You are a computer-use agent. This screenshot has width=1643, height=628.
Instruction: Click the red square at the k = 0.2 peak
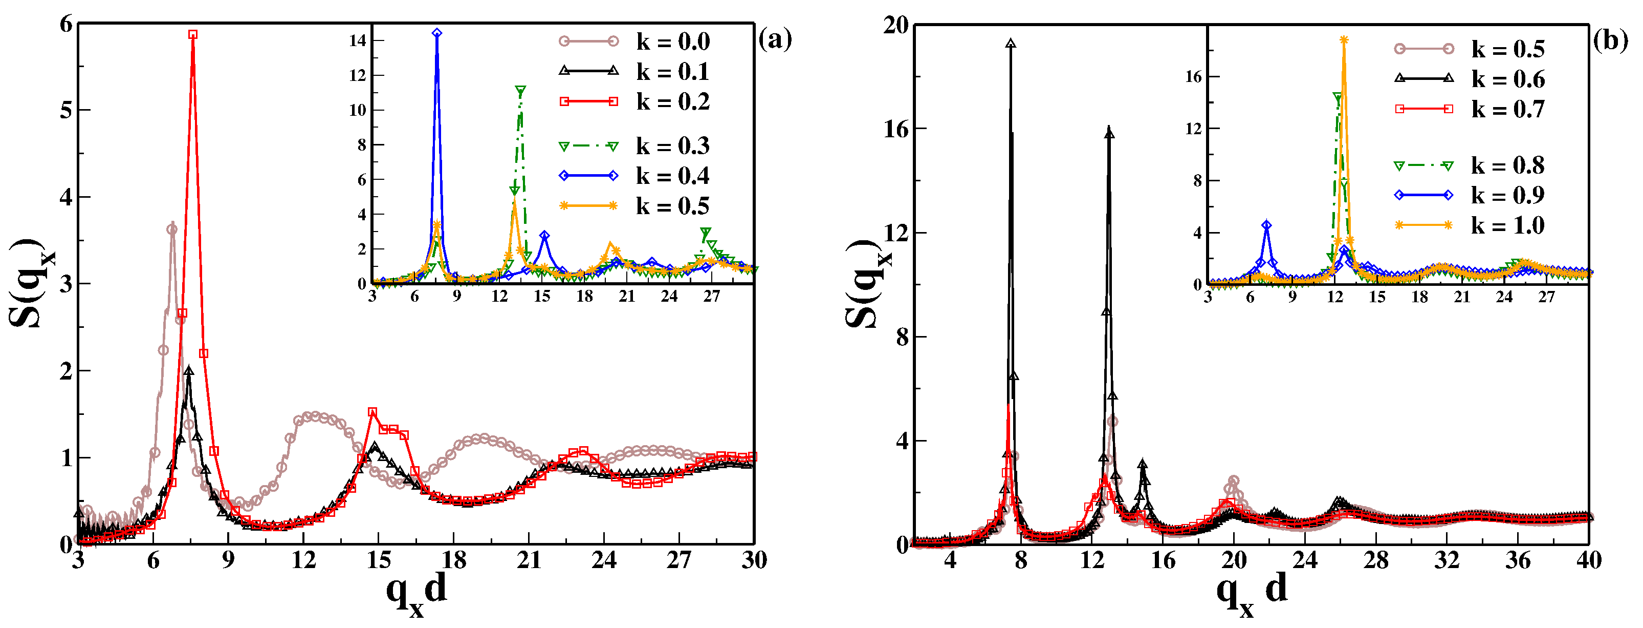[192, 34]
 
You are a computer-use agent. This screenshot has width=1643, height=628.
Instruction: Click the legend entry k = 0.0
[672, 41]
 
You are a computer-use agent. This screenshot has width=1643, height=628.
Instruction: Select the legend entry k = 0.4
[672, 176]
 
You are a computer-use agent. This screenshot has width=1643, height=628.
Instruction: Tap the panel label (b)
[1610, 41]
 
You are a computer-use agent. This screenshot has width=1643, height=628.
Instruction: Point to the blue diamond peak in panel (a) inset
[437, 33]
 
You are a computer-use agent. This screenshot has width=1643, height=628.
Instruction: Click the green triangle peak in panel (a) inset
[520, 90]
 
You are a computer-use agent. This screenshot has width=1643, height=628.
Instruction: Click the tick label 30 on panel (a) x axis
[754, 560]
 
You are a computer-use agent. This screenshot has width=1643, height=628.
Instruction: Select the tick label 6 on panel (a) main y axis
[65, 24]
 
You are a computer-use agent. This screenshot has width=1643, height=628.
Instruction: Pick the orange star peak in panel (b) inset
[1344, 40]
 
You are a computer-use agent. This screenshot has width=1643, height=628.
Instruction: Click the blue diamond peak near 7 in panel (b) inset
[1267, 225]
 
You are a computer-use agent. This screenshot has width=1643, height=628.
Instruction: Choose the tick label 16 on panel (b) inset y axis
[1193, 77]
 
